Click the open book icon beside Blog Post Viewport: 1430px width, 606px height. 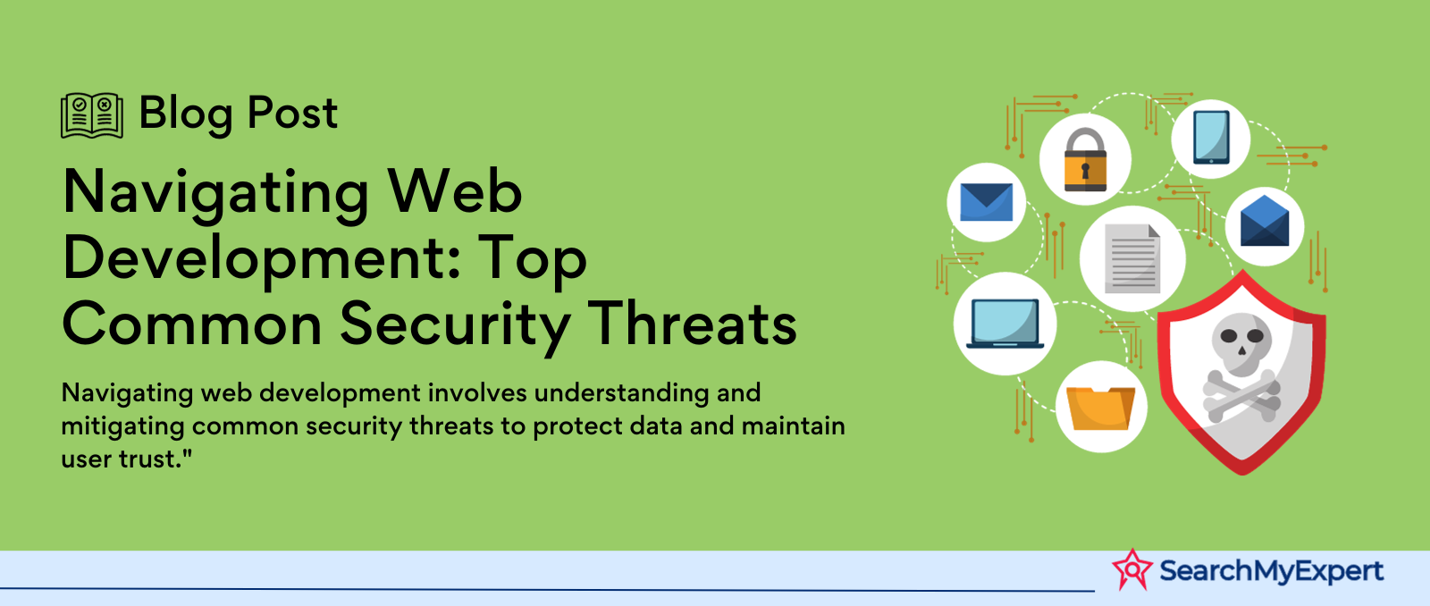pyautogui.click(x=92, y=115)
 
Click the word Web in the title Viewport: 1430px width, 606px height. pyautogui.click(x=456, y=191)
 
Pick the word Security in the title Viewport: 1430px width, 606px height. pyautogui.click(x=455, y=327)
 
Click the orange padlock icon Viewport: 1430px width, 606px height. pyautogui.click(x=1085, y=160)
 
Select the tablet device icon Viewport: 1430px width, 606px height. pyautogui.click(x=1211, y=138)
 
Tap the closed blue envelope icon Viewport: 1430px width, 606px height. pyautogui.click(x=987, y=202)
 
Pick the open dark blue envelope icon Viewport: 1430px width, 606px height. pyautogui.click(x=1265, y=221)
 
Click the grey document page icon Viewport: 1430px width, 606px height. pyautogui.click(x=1132, y=258)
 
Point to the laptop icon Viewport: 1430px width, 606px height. pyautogui.click(x=1005, y=324)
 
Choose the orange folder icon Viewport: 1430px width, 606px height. pyautogui.click(x=1100, y=408)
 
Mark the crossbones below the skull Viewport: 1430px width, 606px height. pyautogui.click(x=1241, y=396)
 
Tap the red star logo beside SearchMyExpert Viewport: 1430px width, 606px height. pyautogui.click(x=1132, y=569)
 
